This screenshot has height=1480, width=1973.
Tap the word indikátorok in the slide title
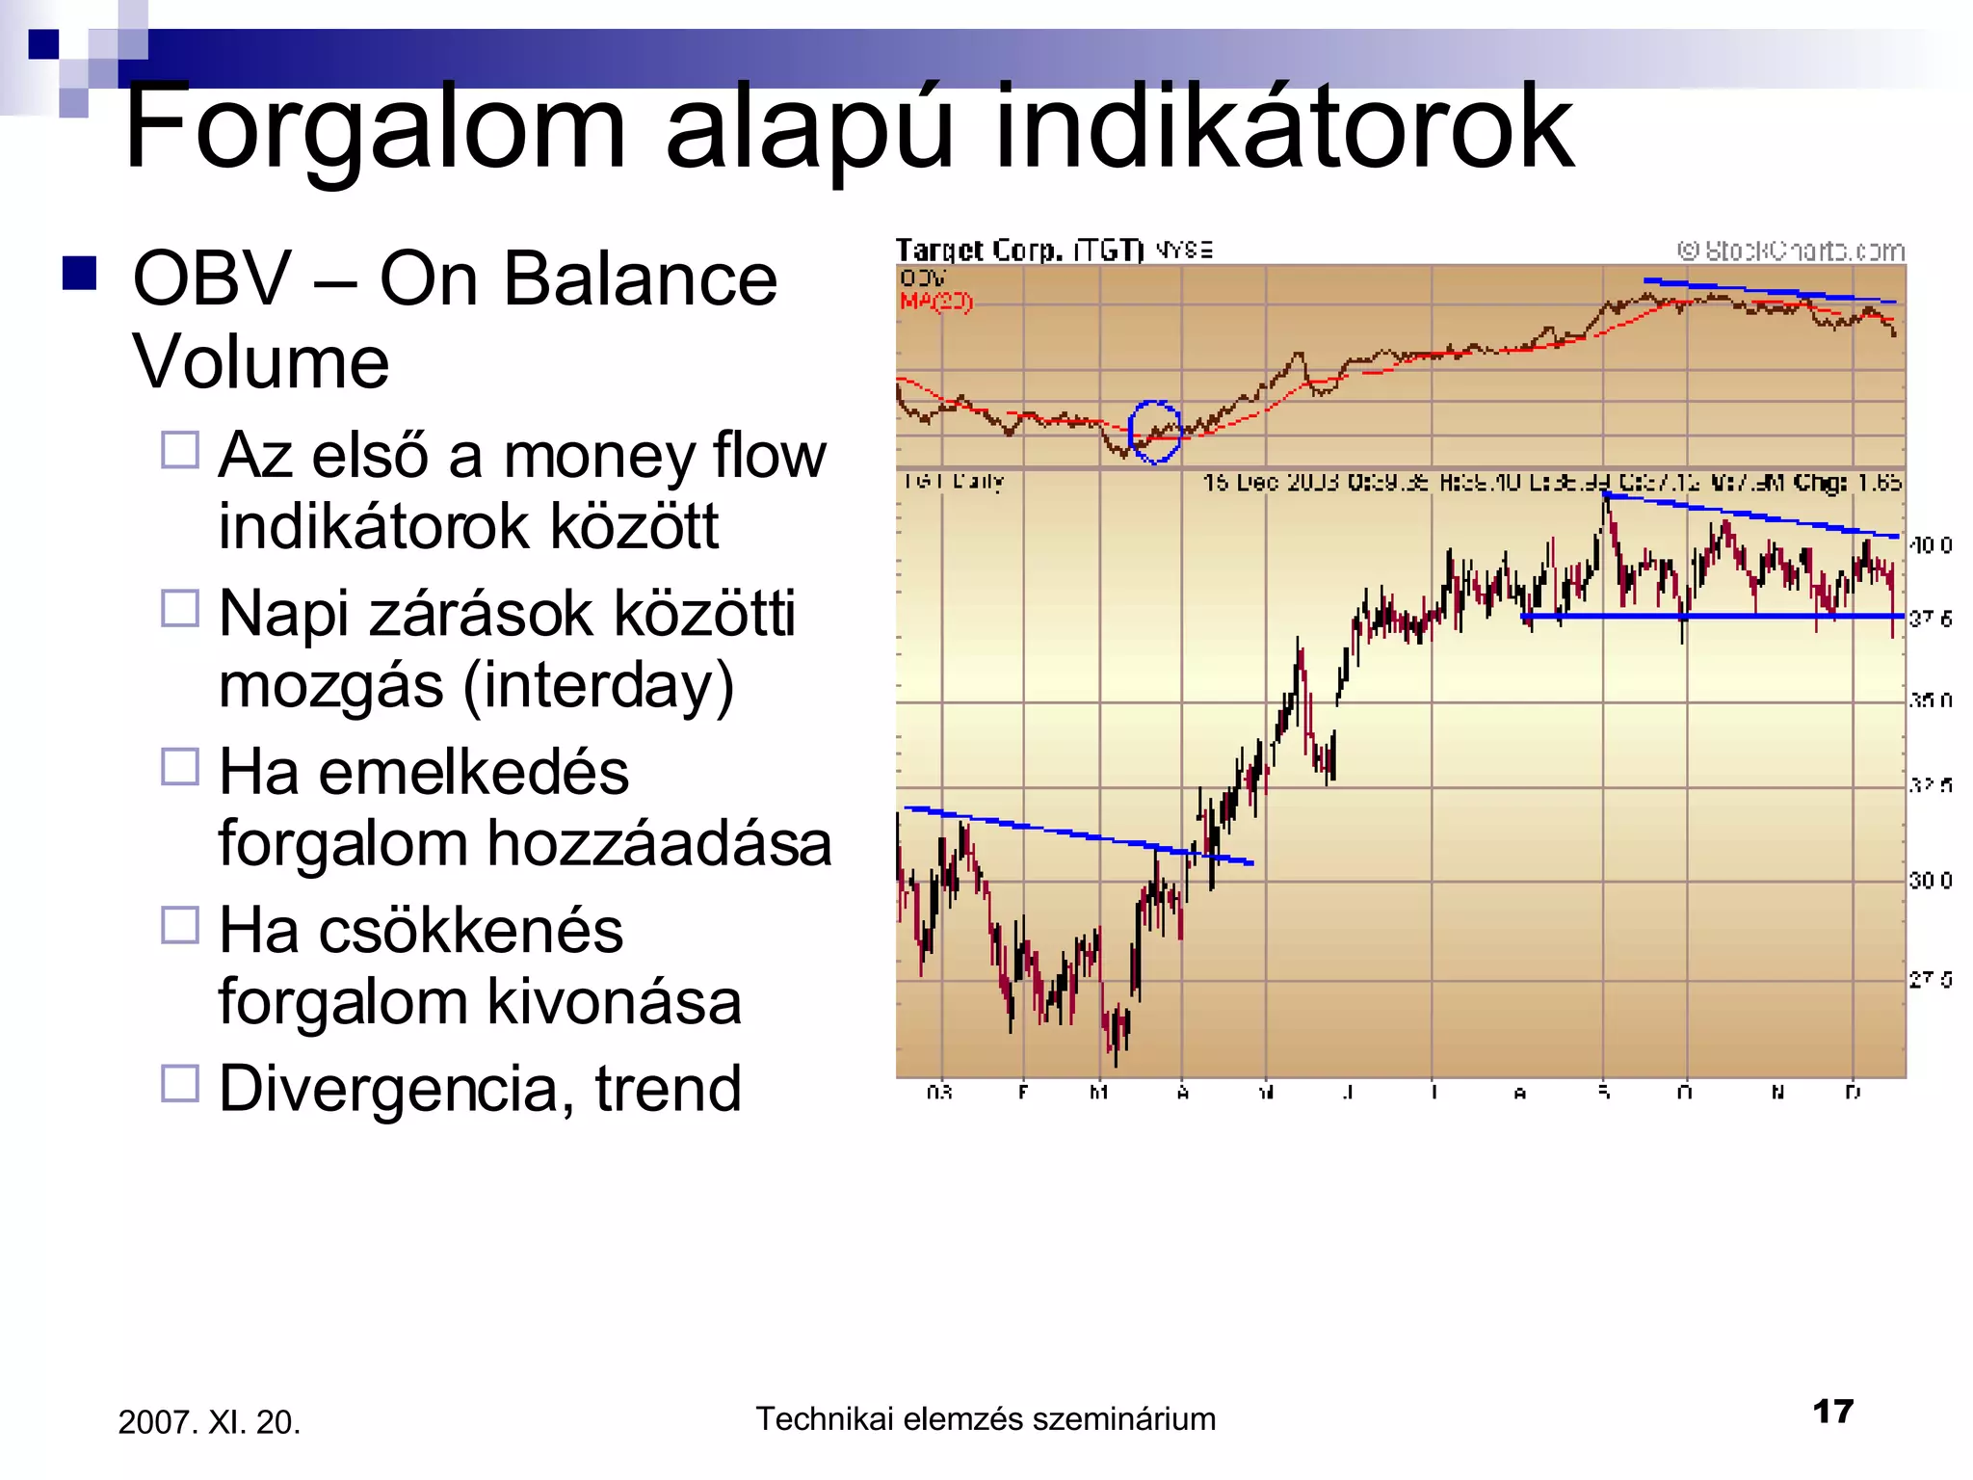coord(1283,127)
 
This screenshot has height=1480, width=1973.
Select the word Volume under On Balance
coord(260,362)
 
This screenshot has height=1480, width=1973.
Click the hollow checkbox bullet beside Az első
coord(180,450)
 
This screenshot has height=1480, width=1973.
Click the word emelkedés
coord(473,773)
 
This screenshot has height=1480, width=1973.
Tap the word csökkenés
coord(470,931)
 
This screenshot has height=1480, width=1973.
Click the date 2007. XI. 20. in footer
coord(209,1422)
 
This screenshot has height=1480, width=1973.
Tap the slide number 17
coord(1832,1412)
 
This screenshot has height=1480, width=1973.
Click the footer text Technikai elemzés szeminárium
coord(986,1419)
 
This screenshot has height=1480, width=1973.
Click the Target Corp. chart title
coord(1019,251)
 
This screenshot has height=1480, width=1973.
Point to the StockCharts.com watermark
coord(1791,251)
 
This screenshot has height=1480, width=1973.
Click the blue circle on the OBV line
coord(1154,432)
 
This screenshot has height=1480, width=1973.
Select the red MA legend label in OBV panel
coord(935,302)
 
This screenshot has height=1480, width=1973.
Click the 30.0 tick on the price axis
coord(1930,881)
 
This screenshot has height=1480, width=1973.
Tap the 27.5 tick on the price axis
coord(1930,980)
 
